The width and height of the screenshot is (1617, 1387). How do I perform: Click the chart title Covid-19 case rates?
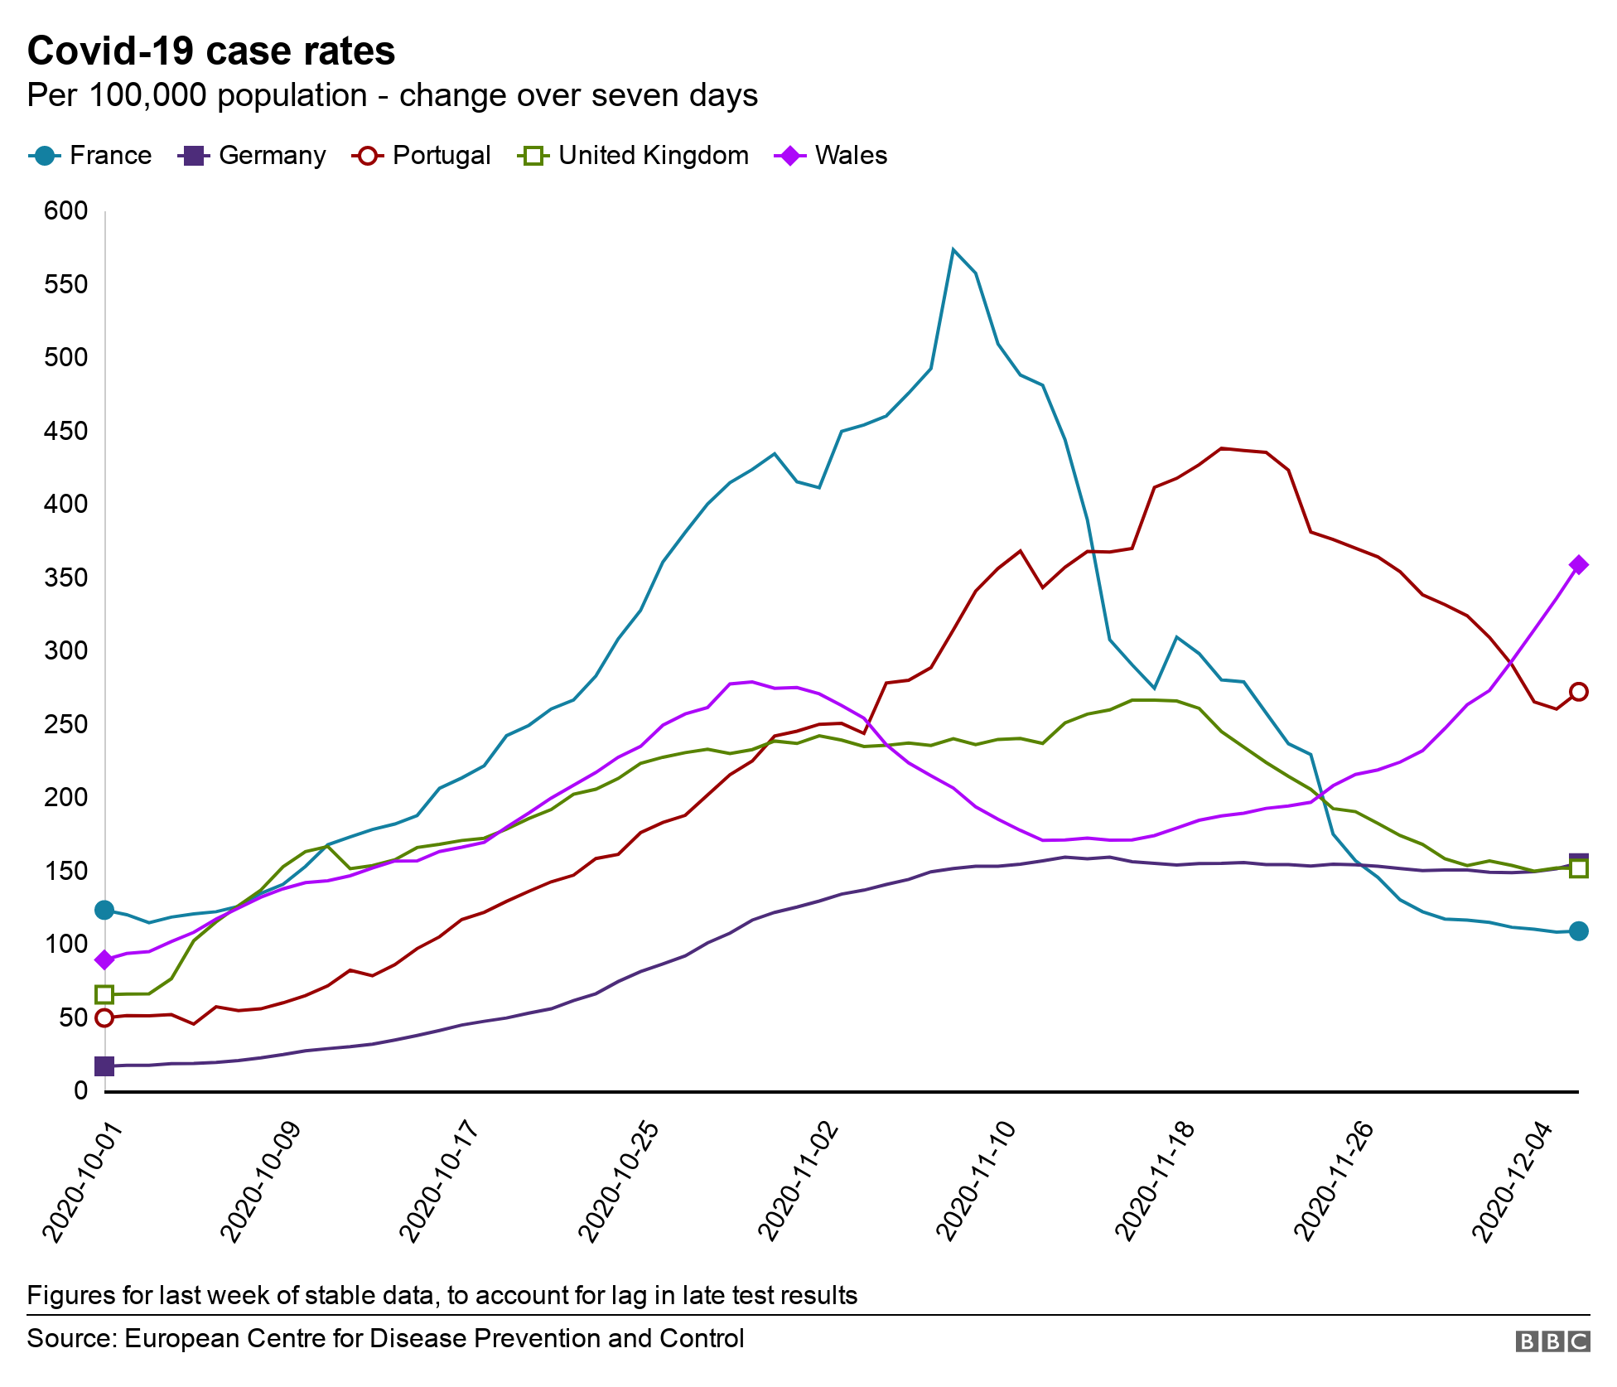point(211,51)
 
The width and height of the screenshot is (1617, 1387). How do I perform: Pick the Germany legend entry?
point(252,156)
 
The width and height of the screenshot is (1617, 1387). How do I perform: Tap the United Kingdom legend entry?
point(633,156)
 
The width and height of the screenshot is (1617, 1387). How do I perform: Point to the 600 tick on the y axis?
point(65,210)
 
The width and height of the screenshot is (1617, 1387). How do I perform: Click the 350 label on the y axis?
point(65,578)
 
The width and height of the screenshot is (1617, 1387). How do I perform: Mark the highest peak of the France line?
point(953,249)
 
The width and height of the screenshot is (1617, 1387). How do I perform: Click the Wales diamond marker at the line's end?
point(1579,565)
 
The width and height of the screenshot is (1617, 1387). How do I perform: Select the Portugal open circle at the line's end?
point(1579,691)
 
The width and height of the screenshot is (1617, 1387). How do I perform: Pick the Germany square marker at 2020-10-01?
point(104,1066)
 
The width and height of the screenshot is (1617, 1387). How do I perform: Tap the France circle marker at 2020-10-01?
point(104,910)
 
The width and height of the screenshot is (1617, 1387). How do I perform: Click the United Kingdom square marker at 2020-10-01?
point(104,994)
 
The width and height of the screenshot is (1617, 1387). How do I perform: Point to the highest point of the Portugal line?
point(1222,448)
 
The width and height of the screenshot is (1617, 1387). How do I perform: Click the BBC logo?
point(1552,1341)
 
